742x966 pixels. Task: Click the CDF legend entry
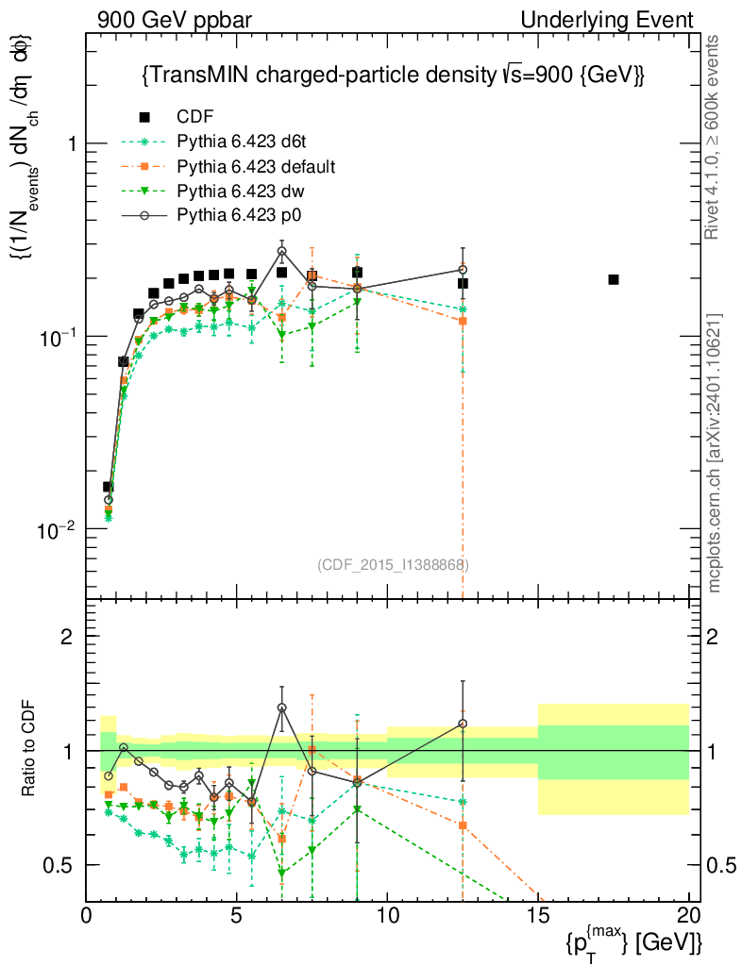[194, 117]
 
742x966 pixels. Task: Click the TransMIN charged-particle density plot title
[392, 75]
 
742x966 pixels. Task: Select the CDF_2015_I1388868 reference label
[394, 564]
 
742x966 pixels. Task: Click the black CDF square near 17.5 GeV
[614, 279]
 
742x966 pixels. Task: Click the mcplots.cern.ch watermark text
[716, 453]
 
